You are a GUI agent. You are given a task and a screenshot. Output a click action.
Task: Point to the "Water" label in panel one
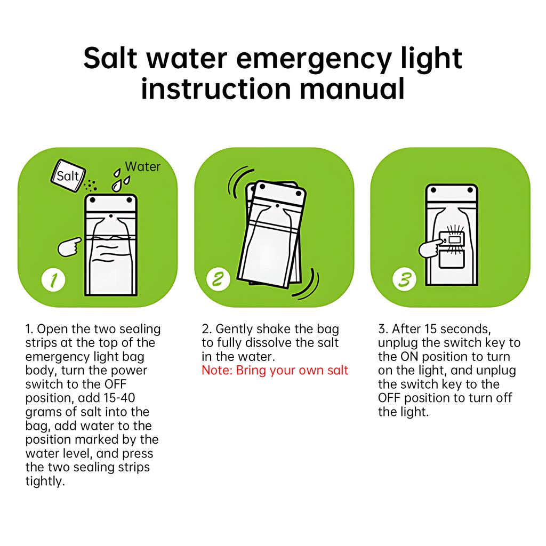pos(142,167)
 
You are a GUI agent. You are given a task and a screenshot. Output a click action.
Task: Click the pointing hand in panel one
pos(69,246)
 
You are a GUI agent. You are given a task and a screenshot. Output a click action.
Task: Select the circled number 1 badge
pos(54,279)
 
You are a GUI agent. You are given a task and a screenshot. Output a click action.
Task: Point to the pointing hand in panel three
pos(431,247)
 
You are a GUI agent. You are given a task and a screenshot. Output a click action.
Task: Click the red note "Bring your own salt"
pos(275,371)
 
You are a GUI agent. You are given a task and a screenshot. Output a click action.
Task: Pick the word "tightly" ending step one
pos(45,481)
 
